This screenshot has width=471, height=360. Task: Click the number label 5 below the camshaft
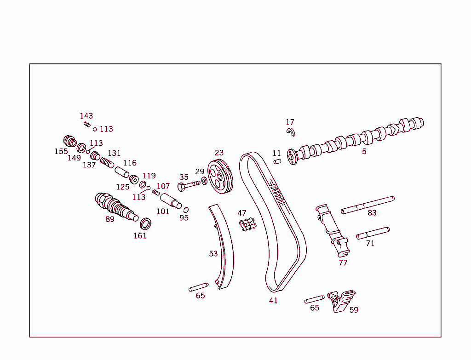click(364, 151)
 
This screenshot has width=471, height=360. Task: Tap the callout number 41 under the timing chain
click(273, 301)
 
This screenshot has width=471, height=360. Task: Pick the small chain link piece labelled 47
click(247, 225)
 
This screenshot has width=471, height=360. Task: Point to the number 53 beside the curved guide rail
click(213, 254)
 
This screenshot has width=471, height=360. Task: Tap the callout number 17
click(290, 122)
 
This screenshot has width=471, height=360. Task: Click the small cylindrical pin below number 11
click(277, 161)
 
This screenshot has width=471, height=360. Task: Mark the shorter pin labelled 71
click(373, 233)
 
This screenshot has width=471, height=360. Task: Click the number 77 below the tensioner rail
click(343, 263)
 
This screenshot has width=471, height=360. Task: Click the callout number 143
click(86, 116)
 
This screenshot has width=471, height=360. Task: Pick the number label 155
click(61, 151)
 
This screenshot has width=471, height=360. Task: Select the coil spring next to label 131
click(107, 163)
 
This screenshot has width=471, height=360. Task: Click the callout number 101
click(163, 211)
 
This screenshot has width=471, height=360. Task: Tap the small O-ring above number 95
click(186, 210)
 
